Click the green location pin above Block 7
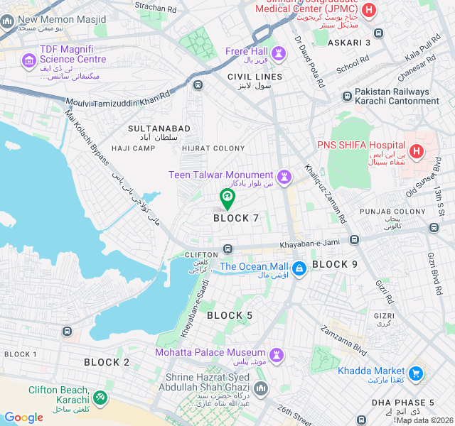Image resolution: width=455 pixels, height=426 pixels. click(227, 197)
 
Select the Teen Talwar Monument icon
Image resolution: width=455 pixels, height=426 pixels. click(285, 175)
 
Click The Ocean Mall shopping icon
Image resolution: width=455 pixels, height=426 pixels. click(299, 268)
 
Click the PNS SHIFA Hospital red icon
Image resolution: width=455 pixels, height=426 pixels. click(416, 151)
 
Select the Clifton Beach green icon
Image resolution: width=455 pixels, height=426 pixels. click(100, 395)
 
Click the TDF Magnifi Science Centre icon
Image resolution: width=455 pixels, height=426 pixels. click(29, 60)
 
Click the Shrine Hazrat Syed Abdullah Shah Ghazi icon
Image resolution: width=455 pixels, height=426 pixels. click(261, 389)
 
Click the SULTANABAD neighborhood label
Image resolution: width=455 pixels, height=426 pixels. click(159, 129)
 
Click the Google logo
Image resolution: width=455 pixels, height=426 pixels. click(23, 417)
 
